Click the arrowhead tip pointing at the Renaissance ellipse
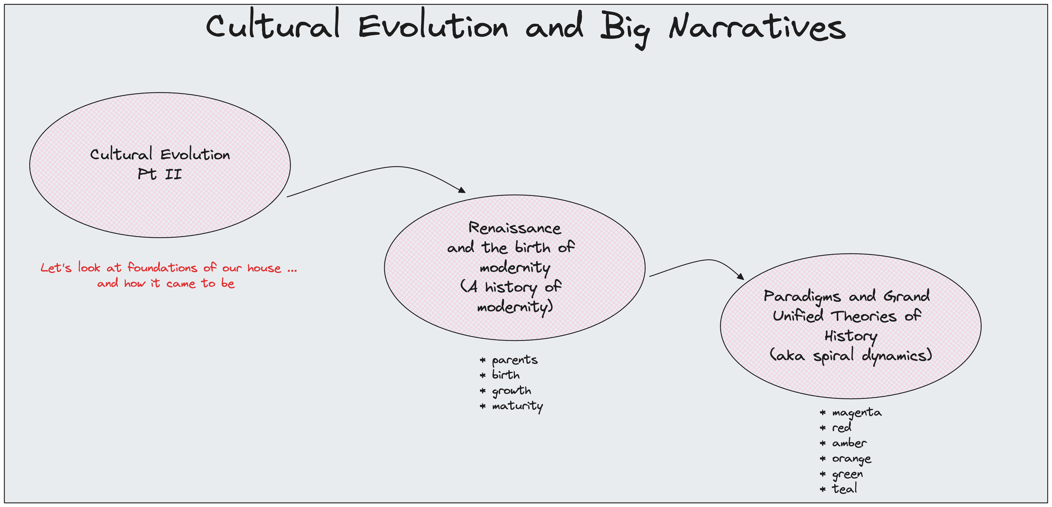point(465,192)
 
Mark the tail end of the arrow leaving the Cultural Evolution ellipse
point(287,197)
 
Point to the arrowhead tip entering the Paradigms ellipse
point(744,280)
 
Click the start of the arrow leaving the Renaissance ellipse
point(650,276)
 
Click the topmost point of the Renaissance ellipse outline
point(514,195)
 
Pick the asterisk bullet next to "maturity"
point(483,406)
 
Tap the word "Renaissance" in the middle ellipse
point(514,228)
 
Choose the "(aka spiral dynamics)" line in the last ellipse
point(851,355)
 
